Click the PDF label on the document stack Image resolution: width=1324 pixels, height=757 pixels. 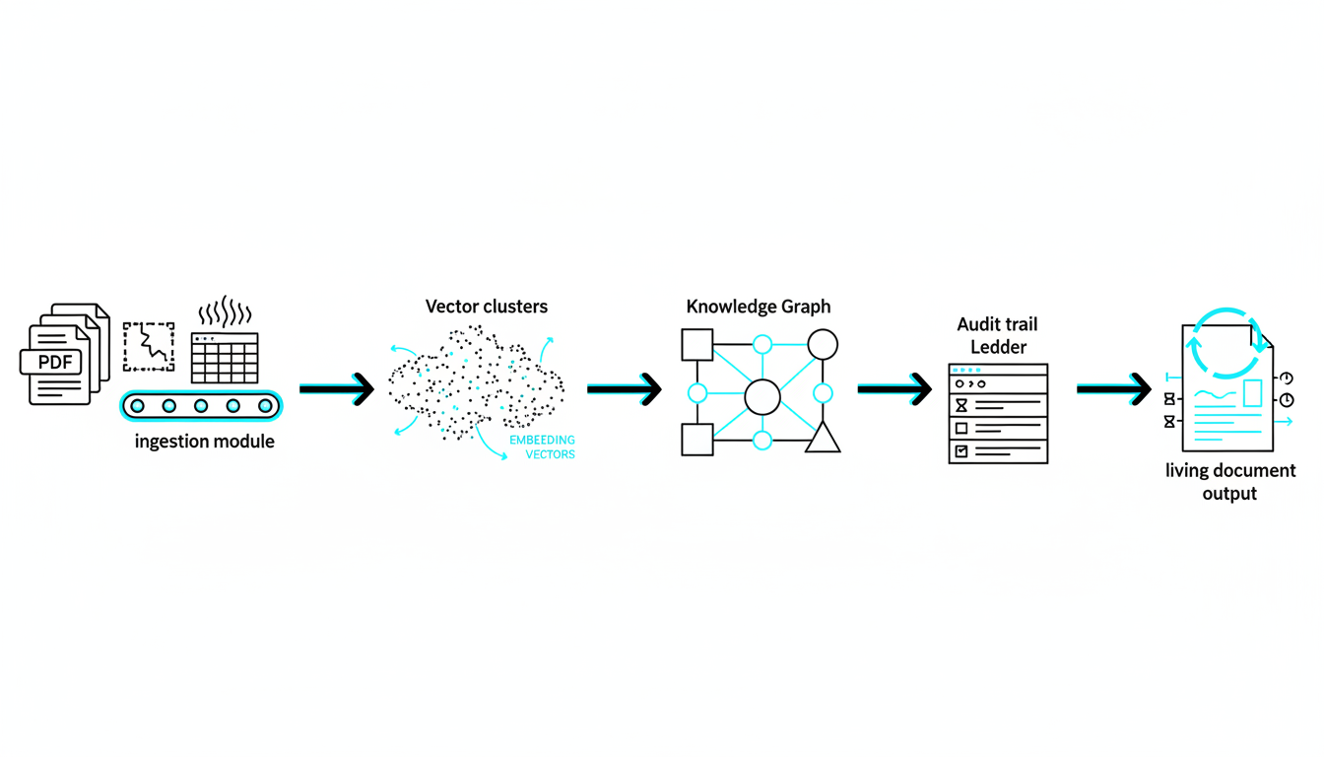point(55,362)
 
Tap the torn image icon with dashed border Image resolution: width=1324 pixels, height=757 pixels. point(149,347)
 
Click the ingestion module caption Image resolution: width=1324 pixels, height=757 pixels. point(204,442)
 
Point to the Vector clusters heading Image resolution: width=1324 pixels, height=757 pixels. point(487,307)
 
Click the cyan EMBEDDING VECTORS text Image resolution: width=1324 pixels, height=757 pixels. point(542,447)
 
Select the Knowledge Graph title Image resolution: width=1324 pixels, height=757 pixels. point(759,307)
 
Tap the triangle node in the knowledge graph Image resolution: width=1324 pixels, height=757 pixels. point(823,438)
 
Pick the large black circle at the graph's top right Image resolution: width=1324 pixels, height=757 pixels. point(823,344)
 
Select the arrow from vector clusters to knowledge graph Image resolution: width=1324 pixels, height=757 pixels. point(624,389)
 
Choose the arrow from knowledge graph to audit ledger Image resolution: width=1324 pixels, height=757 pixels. point(894,389)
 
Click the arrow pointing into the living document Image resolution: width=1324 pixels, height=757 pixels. point(1113,389)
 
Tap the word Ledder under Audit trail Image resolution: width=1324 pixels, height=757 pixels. point(998,346)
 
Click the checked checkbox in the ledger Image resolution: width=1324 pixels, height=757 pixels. point(961,451)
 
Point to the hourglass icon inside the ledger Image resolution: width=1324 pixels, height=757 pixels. point(961,405)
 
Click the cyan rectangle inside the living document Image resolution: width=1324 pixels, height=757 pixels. point(1252,393)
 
